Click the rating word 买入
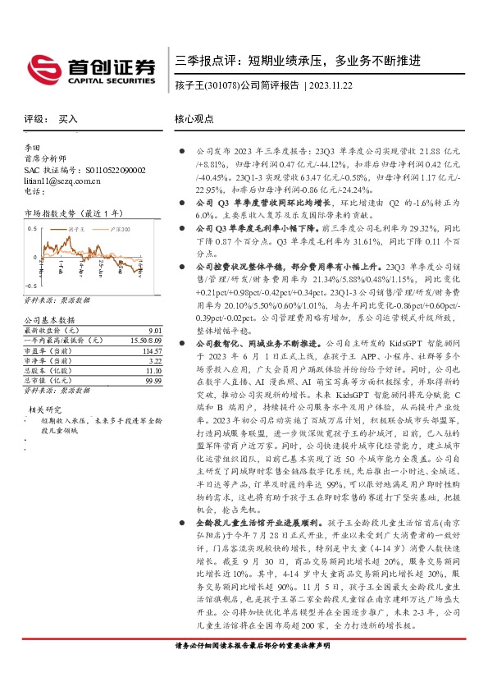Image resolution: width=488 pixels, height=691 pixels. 69,119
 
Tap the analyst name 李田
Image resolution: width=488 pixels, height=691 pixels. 33,149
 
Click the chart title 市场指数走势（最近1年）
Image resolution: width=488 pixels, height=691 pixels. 69,213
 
